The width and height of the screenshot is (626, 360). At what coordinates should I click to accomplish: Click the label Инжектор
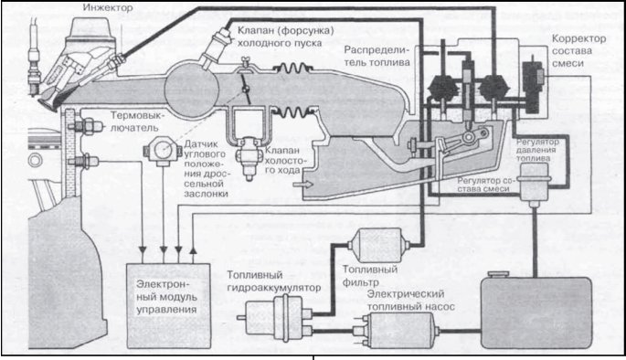(x=108, y=7)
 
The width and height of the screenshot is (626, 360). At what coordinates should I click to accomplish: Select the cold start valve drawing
(x=217, y=47)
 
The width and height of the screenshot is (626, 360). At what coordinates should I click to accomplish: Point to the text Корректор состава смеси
(x=578, y=50)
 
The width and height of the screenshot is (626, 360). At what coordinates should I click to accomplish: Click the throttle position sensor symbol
(x=163, y=151)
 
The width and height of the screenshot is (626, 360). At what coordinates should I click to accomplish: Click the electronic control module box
(x=168, y=305)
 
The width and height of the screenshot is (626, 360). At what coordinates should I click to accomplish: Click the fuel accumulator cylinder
(x=275, y=317)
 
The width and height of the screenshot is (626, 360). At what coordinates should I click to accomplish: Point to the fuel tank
(x=536, y=312)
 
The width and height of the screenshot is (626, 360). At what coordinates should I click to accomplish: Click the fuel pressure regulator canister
(x=534, y=185)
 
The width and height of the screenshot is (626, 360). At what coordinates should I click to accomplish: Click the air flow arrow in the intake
(x=304, y=184)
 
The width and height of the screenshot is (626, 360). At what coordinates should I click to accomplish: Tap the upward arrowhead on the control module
(x=193, y=249)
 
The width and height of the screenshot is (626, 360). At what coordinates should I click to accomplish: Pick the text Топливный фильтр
(x=370, y=276)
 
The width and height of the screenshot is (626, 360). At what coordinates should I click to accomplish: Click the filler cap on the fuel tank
(x=499, y=274)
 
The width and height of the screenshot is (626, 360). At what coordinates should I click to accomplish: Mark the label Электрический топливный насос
(x=411, y=300)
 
